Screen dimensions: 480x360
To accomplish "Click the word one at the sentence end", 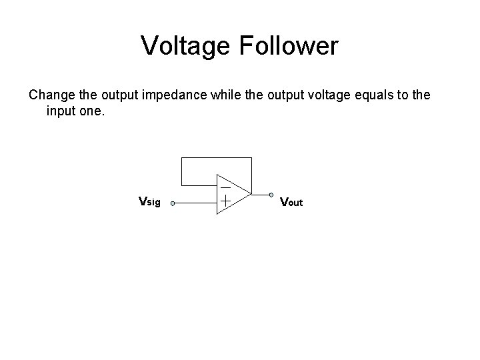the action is [93, 111].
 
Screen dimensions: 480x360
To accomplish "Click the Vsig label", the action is [149, 201].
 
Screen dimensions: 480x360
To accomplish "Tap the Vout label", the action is [291, 201].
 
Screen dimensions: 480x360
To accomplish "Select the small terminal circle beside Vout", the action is [272, 195].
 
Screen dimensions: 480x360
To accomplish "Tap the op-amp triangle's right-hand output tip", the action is [251, 195].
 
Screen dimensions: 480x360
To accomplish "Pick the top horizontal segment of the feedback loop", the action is [217, 158].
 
